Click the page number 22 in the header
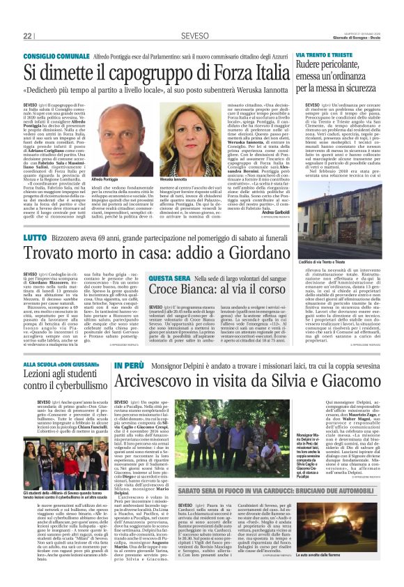tap(28, 36)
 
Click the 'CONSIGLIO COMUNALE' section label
tap(61, 55)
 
